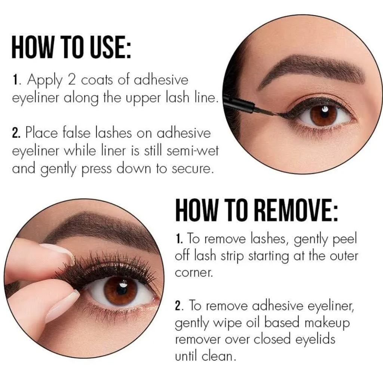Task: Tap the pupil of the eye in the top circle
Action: click(324, 113)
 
